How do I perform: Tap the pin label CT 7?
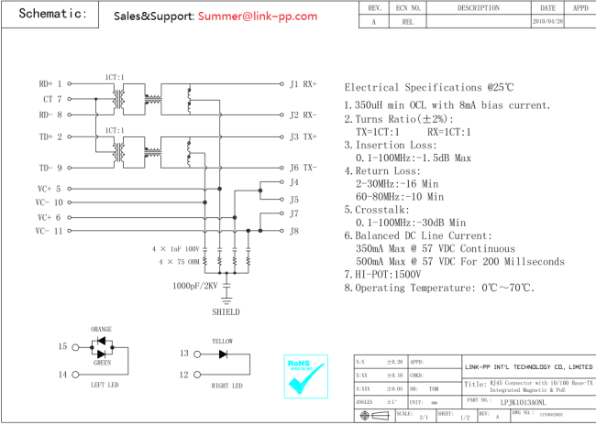point(51,99)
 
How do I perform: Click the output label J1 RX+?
point(303,84)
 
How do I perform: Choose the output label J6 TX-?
point(303,168)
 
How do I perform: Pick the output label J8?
point(294,231)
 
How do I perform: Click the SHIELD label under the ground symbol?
point(226,311)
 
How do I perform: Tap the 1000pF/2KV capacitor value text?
point(194,286)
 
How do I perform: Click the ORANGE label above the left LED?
point(101,329)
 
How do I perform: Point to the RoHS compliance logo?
point(305,376)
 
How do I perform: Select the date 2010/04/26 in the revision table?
point(547,20)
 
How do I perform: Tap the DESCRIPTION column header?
point(478,7)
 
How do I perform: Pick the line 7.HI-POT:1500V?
point(382,274)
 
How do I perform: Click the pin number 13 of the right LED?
point(183,354)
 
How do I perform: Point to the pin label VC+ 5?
point(50,189)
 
